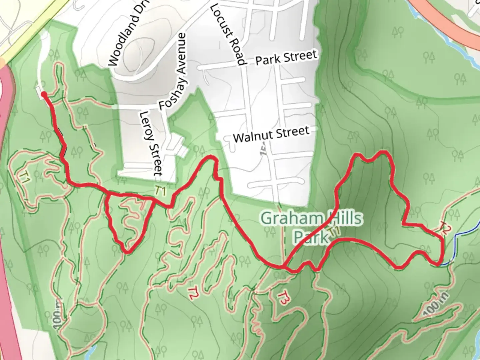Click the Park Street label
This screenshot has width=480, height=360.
click(x=286, y=57)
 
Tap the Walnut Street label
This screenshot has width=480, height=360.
click(x=271, y=134)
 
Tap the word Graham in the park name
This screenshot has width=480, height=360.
click(x=293, y=218)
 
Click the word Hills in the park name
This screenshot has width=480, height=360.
click(x=345, y=218)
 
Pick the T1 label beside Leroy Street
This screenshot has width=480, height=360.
click(x=160, y=191)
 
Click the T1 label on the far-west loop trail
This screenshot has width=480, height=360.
click(x=24, y=177)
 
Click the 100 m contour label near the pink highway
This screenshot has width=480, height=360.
click(x=57, y=313)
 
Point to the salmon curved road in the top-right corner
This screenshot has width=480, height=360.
click(x=443, y=20)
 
